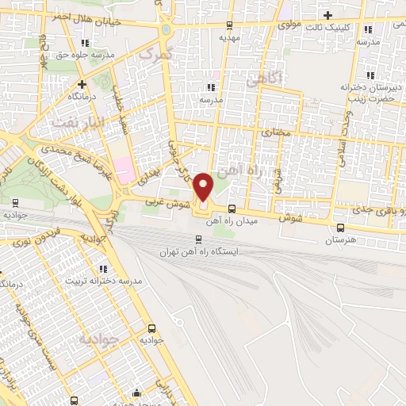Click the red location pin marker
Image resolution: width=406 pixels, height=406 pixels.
pyautogui.click(x=203, y=186)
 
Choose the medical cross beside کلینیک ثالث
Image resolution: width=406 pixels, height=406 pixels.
pyautogui.click(x=327, y=14)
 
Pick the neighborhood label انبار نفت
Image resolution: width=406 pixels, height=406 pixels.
pyautogui.click(x=73, y=122)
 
